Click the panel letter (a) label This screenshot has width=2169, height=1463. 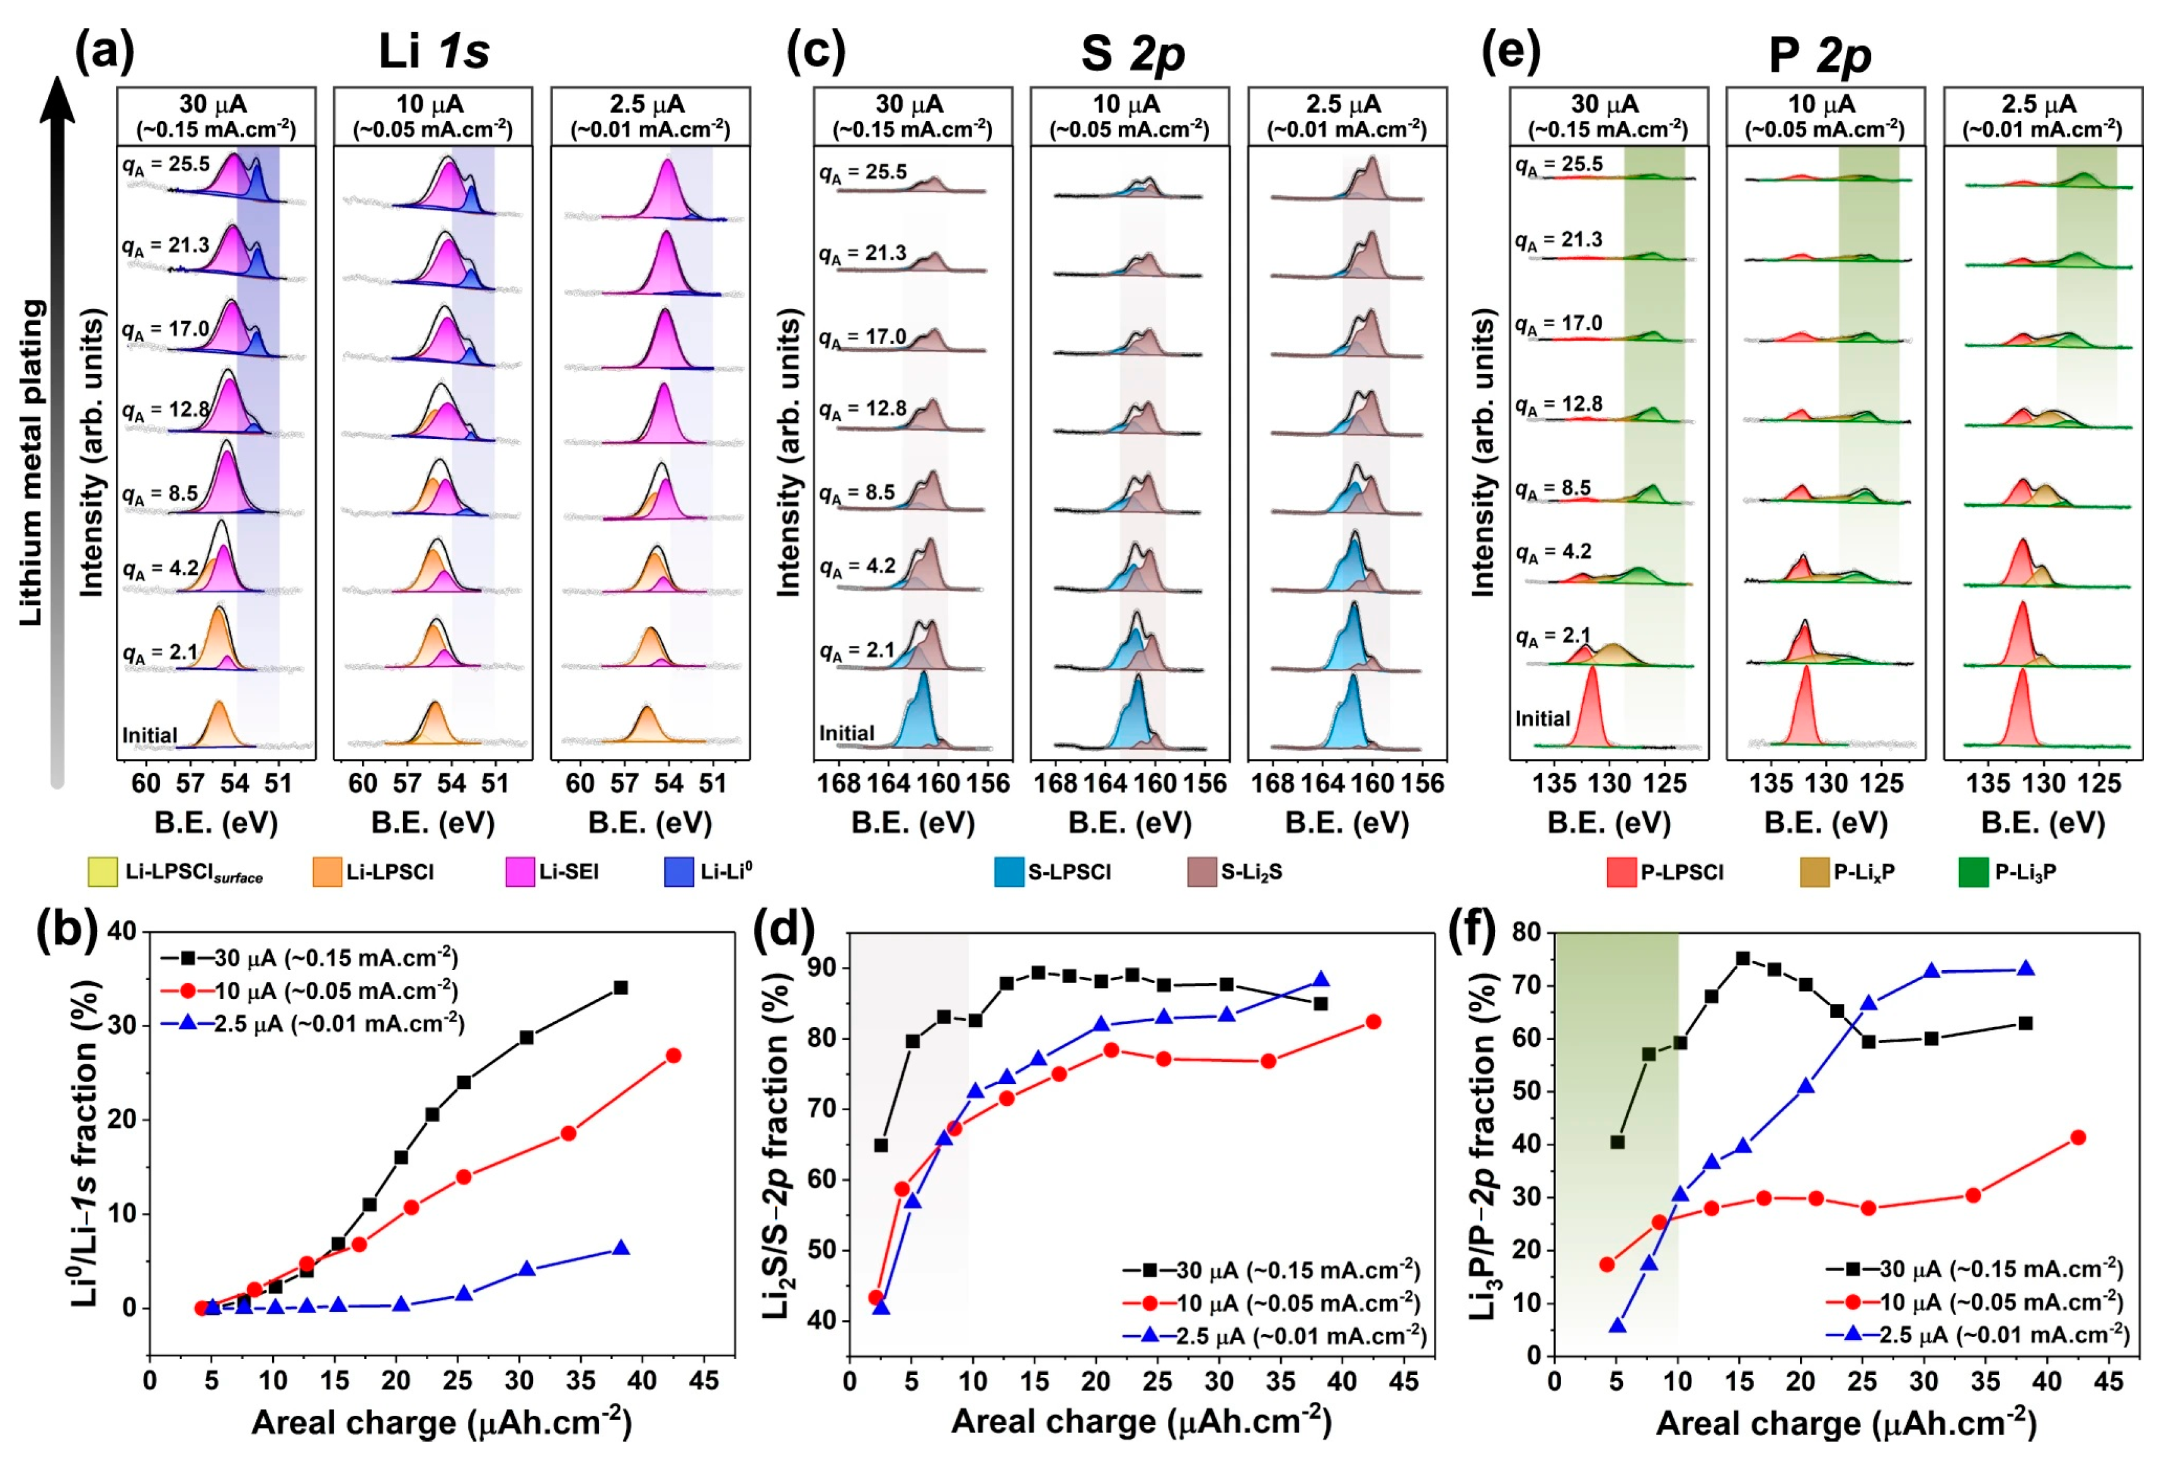[105, 51]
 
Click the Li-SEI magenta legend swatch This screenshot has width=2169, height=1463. [519, 872]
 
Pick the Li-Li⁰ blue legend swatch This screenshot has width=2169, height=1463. [678, 872]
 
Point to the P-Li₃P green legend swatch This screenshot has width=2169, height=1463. [1973, 872]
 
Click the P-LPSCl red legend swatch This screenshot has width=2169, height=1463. [1621, 872]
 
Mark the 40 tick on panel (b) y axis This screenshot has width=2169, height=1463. [122, 931]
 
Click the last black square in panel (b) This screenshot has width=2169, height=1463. [621, 987]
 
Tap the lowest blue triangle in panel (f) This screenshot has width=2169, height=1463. [1617, 1326]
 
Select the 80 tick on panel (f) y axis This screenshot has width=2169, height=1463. [1527, 932]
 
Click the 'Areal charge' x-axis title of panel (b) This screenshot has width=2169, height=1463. [442, 1422]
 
